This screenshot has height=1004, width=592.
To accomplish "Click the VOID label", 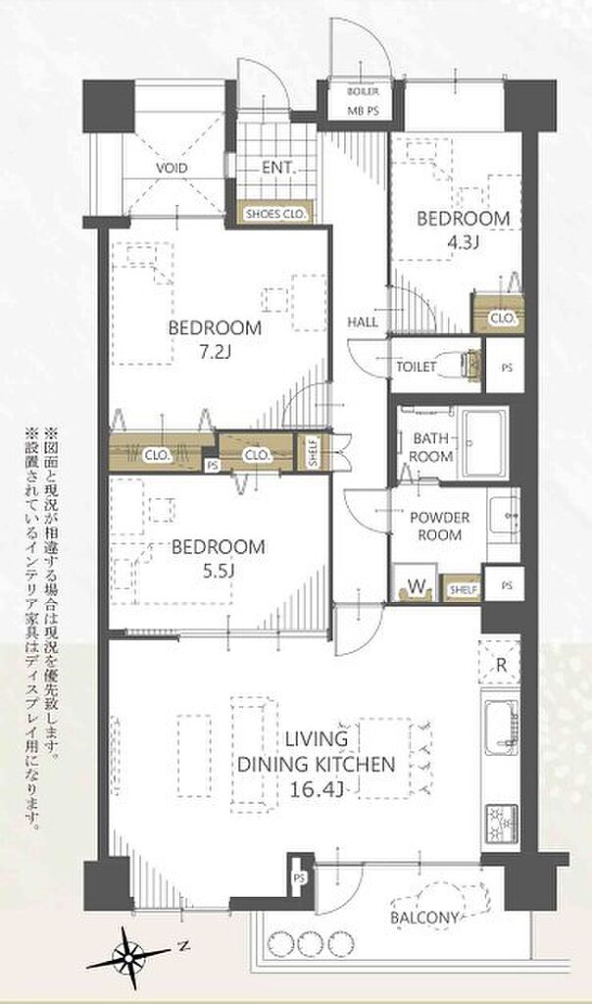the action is pos(172,169).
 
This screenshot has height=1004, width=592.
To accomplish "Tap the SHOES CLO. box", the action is pos(275,214).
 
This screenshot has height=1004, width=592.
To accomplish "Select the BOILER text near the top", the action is pos(363,91).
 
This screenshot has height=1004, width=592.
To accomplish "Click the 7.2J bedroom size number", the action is pos(215,352).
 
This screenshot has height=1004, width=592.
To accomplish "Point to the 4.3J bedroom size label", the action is pos(464,243).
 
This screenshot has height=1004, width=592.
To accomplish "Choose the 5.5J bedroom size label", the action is pos(219,571).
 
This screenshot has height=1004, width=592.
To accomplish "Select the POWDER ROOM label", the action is pos(440,526).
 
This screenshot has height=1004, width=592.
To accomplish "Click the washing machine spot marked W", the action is pos(415,584).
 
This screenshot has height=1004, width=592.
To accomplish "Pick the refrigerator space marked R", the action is pos(501,665).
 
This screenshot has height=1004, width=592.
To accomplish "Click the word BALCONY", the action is pos(424,918).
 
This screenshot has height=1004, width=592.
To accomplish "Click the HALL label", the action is pos(363,322).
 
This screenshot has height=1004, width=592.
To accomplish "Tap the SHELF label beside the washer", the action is pos(462,589).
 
